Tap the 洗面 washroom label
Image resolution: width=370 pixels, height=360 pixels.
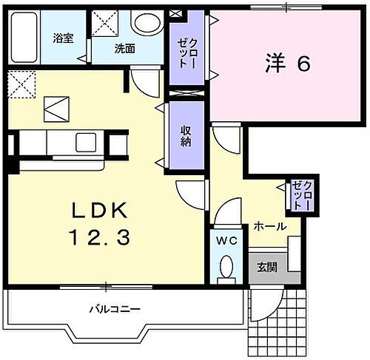124,50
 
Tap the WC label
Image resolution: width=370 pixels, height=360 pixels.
226,241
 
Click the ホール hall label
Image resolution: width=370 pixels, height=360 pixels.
270,226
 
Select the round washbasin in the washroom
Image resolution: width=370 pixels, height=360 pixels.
144,23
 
